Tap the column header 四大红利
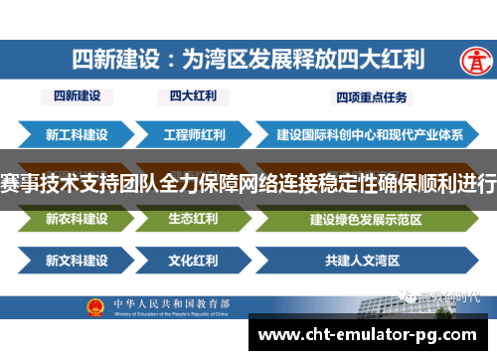[x=193, y=97]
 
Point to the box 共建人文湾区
[x=363, y=262]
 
